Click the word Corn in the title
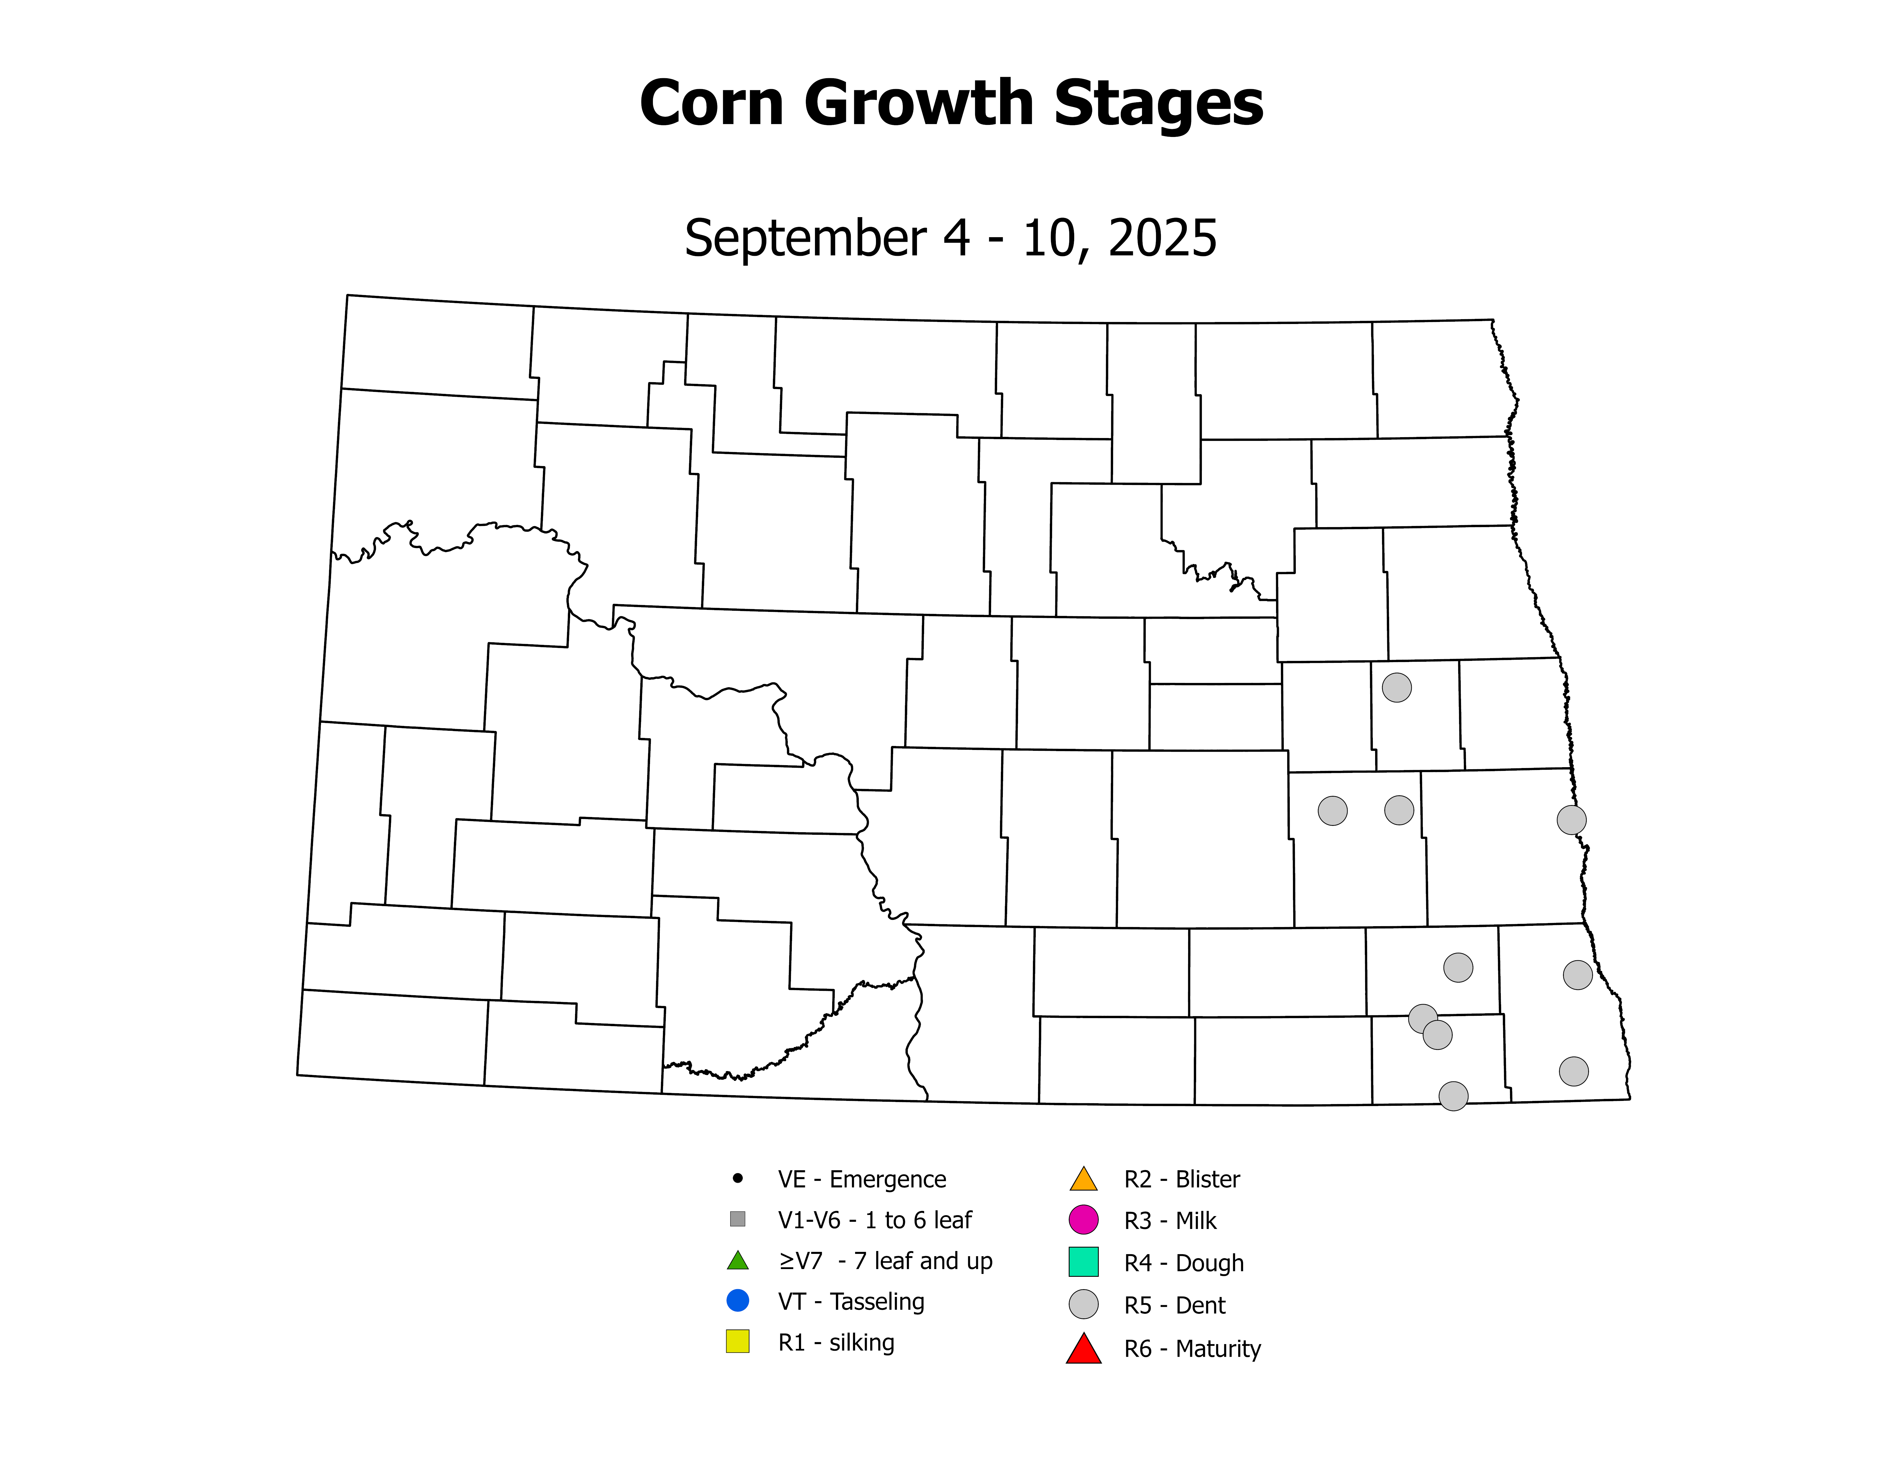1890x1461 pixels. [711, 104]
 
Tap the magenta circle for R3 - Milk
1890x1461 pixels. [1084, 1220]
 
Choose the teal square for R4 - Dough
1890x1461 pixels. [1084, 1262]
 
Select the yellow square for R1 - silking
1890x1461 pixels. [737, 1342]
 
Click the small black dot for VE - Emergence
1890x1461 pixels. [737, 1178]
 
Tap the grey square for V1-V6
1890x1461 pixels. [737, 1219]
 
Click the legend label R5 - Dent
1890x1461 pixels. [1174, 1305]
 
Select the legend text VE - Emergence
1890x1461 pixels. [862, 1179]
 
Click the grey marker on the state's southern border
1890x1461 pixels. [1453, 1096]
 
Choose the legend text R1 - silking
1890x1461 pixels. [836, 1342]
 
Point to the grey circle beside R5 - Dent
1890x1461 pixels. [1084, 1304]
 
